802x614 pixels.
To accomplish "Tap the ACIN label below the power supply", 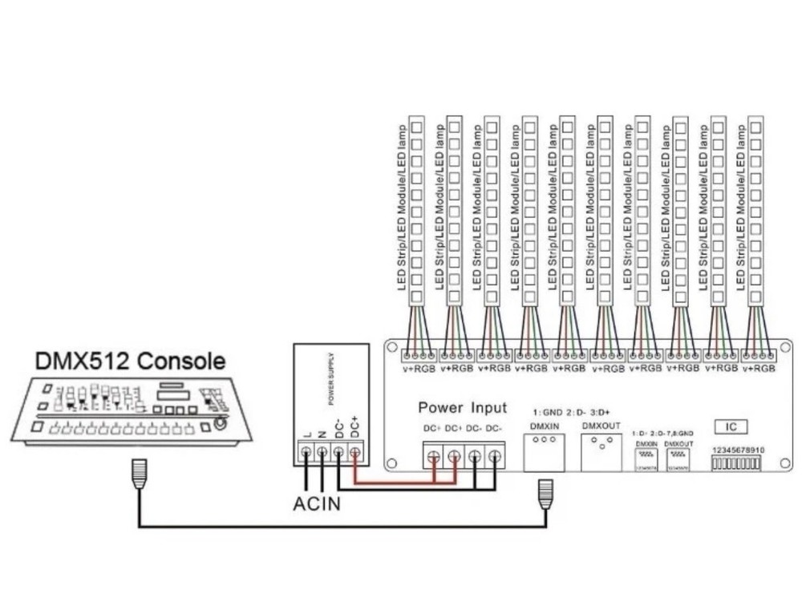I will (x=316, y=504).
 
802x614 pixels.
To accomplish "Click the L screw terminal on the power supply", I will (x=306, y=454).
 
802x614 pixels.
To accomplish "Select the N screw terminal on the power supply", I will (x=322, y=454).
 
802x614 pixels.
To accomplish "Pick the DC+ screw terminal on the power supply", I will (x=354, y=454).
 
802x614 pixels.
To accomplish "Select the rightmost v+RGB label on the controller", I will (x=758, y=368).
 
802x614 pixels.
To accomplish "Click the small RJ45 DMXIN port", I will (x=646, y=456).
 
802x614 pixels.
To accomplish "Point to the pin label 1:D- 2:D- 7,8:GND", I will (x=662, y=433).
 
